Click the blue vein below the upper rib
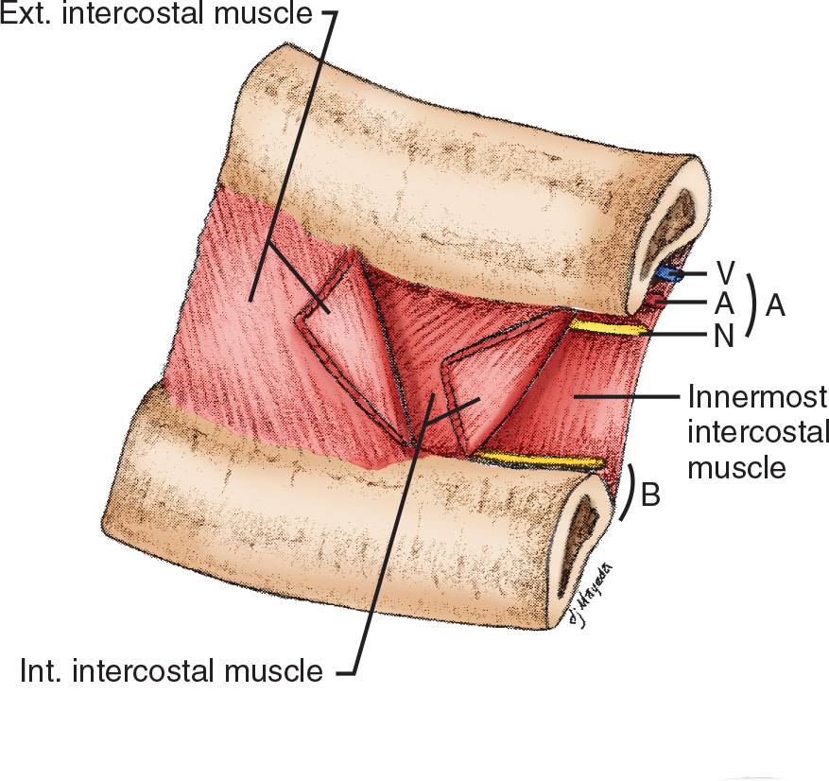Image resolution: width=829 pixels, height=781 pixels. [668, 274]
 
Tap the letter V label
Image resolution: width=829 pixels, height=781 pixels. [725, 274]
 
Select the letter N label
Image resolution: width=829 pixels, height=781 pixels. [725, 336]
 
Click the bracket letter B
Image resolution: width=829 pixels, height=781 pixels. [650, 495]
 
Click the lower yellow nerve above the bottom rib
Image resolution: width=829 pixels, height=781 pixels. [539, 460]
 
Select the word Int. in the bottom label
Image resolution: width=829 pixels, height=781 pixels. [42, 672]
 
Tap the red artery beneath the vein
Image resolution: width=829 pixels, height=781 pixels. [655, 301]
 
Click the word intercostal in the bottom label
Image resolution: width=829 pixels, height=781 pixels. [150, 672]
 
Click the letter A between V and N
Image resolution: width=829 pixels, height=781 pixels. [725, 304]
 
